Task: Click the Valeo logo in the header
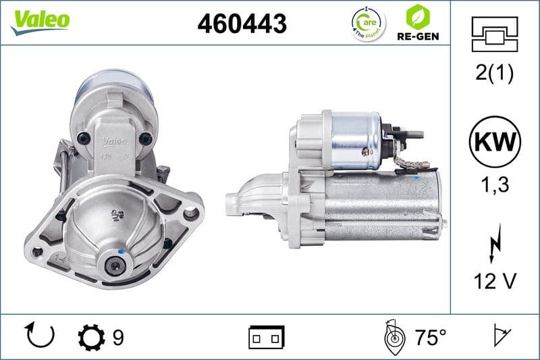pyautogui.click(x=39, y=20)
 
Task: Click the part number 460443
pyautogui.click(x=242, y=24)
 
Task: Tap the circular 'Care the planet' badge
pyautogui.click(x=369, y=24)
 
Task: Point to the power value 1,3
pyautogui.click(x=495, y=184)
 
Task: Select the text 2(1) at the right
pyautogui.click(x=495, y=74)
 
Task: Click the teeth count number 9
pyautogui.click(x=119, y=336)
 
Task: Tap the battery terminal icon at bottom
pyautogui.click(x=266, y=336)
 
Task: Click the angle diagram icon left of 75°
pyautogui.click(x=394, y=336)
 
